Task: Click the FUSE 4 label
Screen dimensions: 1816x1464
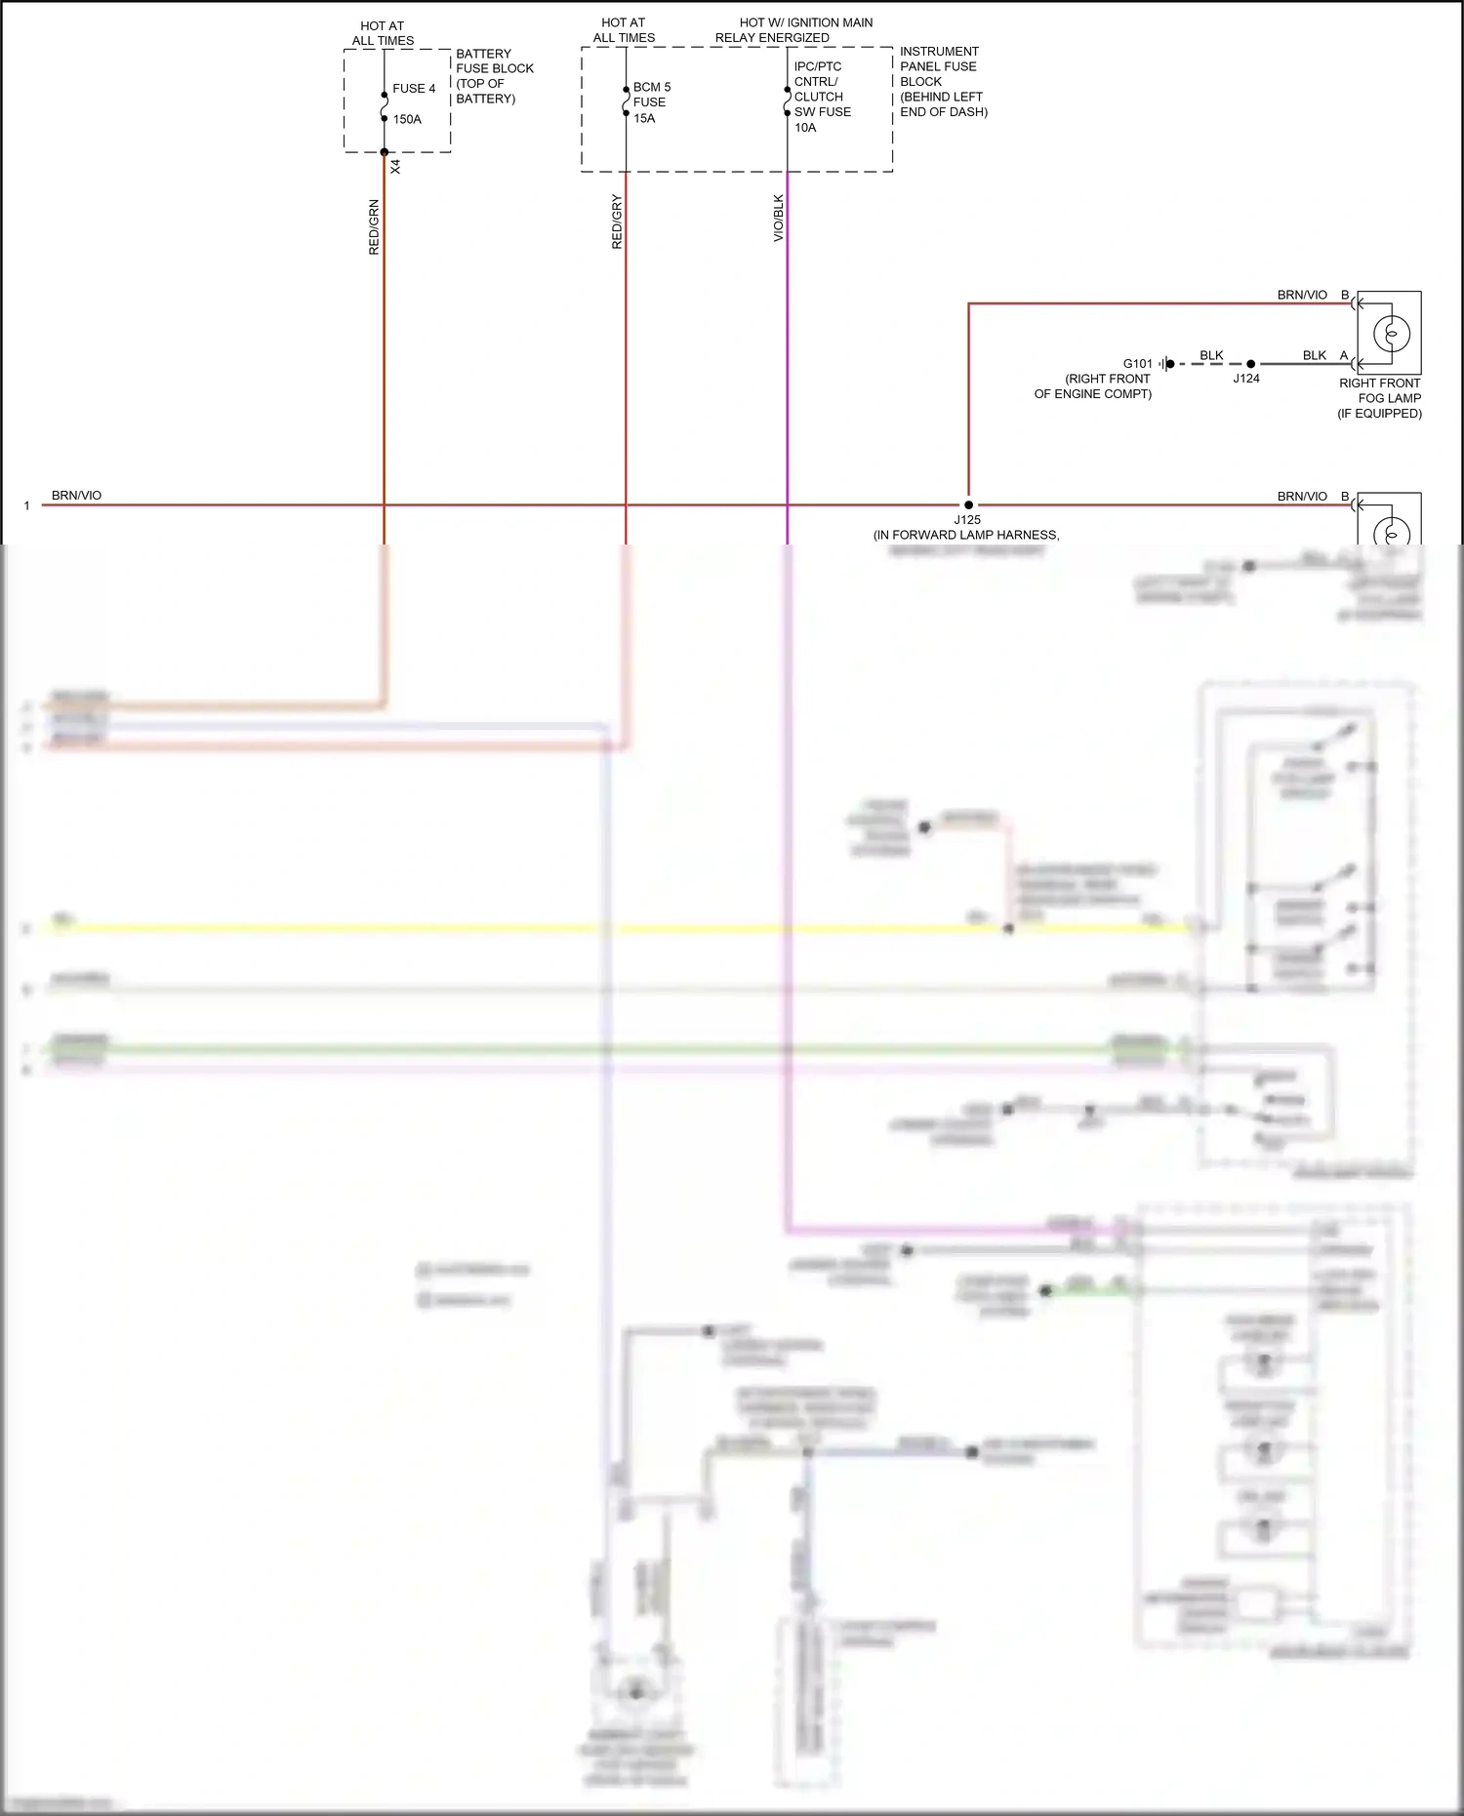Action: [x=414, y=89]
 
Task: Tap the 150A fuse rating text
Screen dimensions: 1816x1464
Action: [x=407, y=119]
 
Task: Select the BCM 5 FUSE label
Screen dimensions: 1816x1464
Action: [x=651, y=95]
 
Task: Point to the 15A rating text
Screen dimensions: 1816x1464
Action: [x=644, y=118]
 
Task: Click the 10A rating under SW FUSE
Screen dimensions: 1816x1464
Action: [x=805, y=128]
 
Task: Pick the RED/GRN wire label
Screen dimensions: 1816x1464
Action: [x=374, y=227]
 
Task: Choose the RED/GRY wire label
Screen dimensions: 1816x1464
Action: [x=617, y=222]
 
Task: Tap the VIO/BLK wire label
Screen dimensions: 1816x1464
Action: [x=779, y=218]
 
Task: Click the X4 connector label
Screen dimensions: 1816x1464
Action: [x=395, y=167]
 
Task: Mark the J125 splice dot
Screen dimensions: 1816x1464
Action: [x=968, y=505]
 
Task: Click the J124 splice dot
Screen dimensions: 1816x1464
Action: [x=1250, y=364]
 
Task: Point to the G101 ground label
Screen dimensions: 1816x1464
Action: [x=1137, y=364]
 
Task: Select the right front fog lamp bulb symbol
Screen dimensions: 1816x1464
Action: [x=1391, y=334]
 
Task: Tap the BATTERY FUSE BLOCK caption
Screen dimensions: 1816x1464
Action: [x=494, y=76]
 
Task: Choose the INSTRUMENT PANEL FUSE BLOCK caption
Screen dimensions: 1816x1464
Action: [x=943, y=81]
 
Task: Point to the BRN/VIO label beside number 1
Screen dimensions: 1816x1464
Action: [x=76, y=496]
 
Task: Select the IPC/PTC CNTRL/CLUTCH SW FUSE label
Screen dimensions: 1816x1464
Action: [x=822, y=90]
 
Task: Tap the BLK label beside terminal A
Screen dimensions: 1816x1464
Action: [x=1314, y=355]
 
